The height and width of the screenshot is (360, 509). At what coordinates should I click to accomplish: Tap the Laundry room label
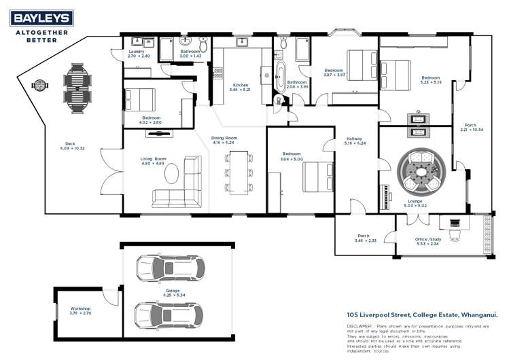pos(137,52)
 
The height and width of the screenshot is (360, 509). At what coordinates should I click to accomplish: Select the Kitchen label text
pos(240,85)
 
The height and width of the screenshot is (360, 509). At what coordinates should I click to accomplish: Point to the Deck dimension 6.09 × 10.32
pos(70,148)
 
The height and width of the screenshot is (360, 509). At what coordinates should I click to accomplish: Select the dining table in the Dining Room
pos(239,173)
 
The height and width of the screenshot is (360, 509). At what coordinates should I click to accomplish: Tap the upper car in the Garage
pos(163,268)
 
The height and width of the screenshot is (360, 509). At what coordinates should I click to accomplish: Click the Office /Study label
pos(429,238)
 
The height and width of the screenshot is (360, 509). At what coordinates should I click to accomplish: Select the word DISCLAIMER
pos(360,326)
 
